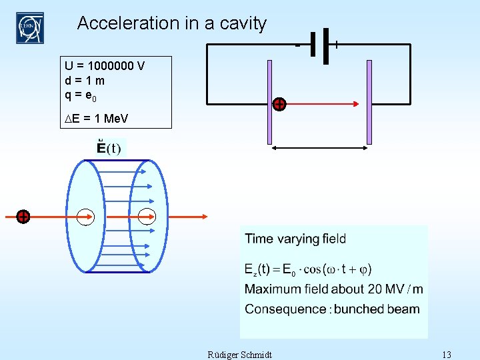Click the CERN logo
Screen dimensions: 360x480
coord(29,27)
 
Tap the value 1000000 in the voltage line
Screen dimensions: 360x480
coord(109,66)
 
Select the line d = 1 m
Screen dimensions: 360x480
coord(85,80)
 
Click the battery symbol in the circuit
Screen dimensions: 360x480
coord(319,45)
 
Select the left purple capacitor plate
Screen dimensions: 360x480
coord(270,102)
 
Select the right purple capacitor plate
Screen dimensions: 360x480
coord(369,102)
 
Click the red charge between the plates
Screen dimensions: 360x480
coord(280,104)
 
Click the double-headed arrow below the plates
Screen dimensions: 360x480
coord(319,149)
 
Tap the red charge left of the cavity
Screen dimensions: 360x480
coord(23,217)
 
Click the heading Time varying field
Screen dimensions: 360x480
coord(295,239)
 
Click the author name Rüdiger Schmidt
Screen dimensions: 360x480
coord(240,354)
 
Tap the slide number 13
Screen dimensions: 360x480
coord(446,354)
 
